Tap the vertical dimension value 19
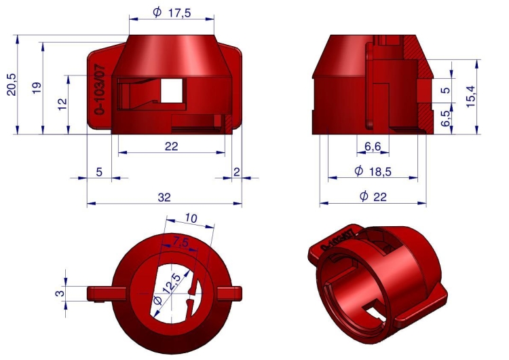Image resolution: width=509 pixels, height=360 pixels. [x=37, y=88]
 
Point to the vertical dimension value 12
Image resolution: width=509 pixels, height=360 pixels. [x=62, y=104]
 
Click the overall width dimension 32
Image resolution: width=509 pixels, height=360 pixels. [x=164, y=197]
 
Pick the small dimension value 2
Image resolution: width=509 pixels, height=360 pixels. [x=236, y=173]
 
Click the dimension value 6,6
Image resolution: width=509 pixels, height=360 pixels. [x=372, y=147]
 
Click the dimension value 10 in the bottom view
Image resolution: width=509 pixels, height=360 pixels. [x=191, y=219]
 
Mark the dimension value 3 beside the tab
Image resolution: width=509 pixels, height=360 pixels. [x=60, y=293]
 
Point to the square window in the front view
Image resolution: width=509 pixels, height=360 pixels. [x=172, y=90]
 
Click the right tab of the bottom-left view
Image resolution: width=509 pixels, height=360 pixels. [x=229, y=292]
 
